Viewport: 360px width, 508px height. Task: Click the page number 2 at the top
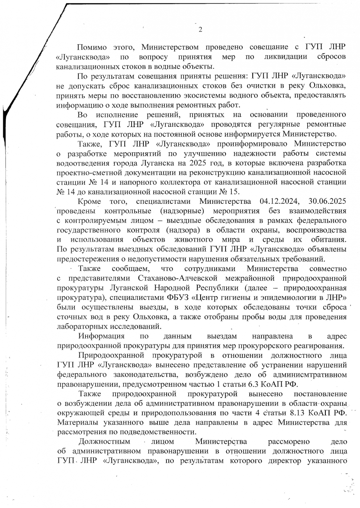coord(200,30)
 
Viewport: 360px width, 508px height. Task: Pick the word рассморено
coord(289,441)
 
